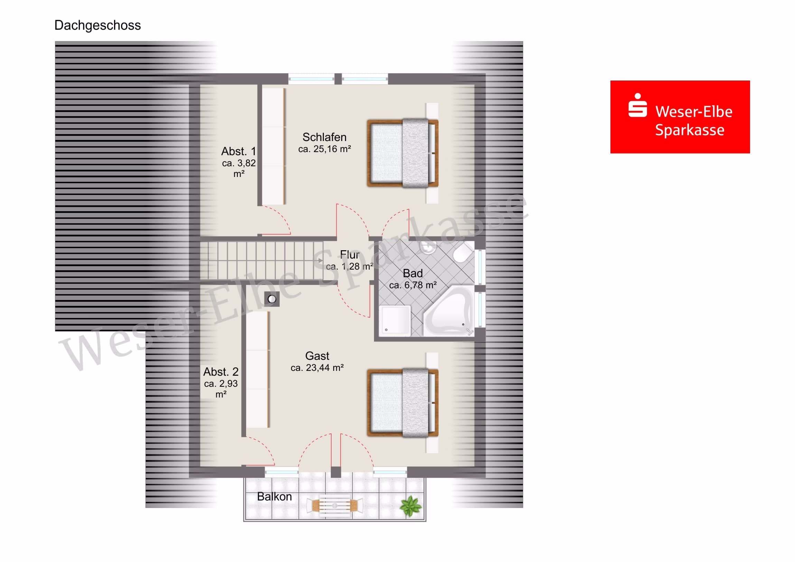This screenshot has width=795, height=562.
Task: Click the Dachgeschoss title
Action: click(x=97, y=26)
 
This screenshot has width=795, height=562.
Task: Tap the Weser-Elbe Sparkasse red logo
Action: click(x=680, y=117)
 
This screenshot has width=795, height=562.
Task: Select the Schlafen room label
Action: click(x=325, y=137)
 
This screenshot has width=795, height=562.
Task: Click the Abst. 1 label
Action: click(x=238, y=151)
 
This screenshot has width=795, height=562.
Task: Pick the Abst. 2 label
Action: click(x=221, y=372)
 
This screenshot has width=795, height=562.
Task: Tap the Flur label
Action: click(x=349, y=255)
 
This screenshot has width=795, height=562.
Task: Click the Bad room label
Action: click(x=413, y=273)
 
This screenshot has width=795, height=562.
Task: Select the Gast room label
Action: click(x=317, y=356)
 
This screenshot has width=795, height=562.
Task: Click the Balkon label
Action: click(x=274, y=497)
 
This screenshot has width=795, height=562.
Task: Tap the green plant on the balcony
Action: click(x=411, y=506)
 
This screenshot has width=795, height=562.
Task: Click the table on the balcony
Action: click(x=335, y=505)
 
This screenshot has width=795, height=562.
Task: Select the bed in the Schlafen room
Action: click(x=403, y=153)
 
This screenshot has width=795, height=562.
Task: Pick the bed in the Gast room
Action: click(x=403, y=403)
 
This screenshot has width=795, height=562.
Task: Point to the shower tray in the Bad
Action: click(x=395, y=320)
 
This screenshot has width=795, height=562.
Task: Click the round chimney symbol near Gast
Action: click(x=272, y=299)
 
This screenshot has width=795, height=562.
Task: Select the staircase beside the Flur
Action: click(x=262, y=261)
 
